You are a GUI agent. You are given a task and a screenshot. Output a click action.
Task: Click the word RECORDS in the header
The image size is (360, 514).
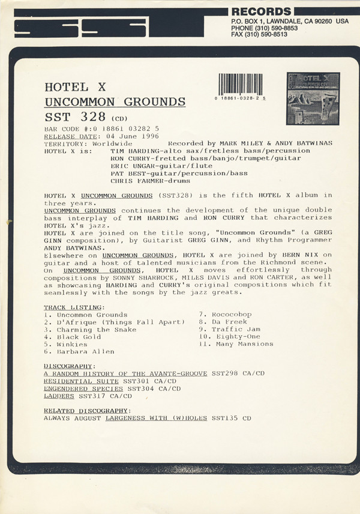point(261,11)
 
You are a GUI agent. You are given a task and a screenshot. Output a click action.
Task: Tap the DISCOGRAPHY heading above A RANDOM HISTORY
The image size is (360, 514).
point(69,366)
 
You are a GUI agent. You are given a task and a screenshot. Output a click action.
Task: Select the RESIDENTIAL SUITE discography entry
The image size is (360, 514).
point(82,381)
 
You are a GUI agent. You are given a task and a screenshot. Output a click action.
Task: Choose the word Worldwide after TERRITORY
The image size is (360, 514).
point(113,144)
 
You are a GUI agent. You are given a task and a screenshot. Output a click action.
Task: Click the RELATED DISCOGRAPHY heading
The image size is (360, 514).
point(87,411)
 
